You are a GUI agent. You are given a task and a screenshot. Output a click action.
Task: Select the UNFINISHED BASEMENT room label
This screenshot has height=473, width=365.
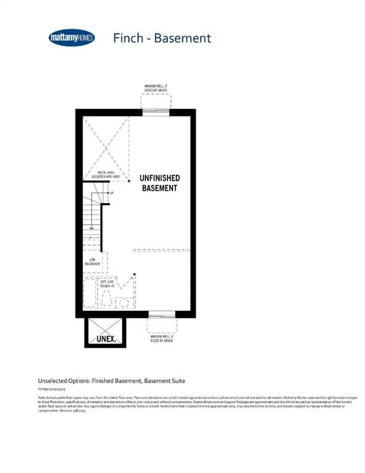point(159,182)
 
